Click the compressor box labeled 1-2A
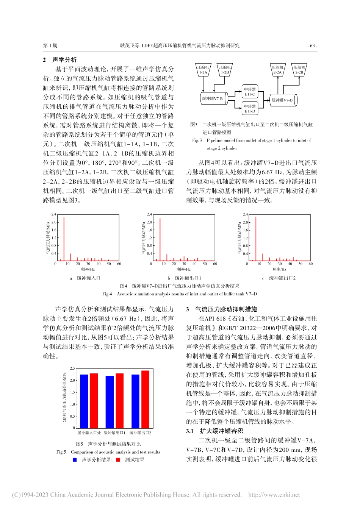tap(203, 70)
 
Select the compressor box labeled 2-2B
tap(299, 70)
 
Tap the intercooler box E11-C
tap(250, 92)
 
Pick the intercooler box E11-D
tap(250, 109)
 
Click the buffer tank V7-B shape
tap(213, 98)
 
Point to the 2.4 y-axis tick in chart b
tap(149, 214)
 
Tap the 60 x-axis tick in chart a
tap(119, 264)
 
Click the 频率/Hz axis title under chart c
tap(279, 269)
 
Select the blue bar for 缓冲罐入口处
tap(84, 401)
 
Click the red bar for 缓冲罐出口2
tap(145, 399)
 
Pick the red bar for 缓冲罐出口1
tap(119, 401)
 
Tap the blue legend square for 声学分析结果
tap(75, 460)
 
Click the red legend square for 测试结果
tap(118, 460)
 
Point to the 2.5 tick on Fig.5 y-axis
tap(72, 368)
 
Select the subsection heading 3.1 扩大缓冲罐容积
tap(214, 431)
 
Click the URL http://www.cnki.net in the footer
tap(274, 495)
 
